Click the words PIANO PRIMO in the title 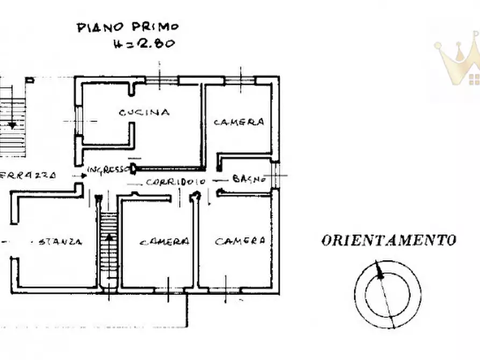pos(127,27)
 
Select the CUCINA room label pos(144,112)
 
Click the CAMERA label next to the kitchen pos(239,122)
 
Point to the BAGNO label pos(249,179)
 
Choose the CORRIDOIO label pos(175,182)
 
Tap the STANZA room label pos(60,242)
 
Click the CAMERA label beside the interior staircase pos(164,242)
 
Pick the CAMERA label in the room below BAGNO pos(240,241)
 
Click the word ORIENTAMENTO pos(389,240)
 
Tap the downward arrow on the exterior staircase pos(12,125)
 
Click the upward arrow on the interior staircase pos(109,237)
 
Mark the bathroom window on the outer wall pos(276,175)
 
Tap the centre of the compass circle pos(387,294)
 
